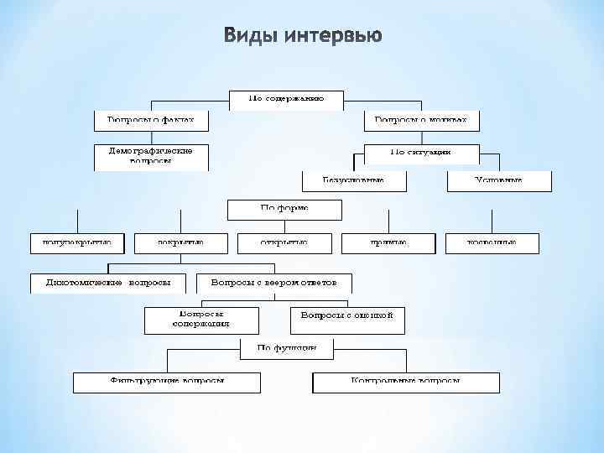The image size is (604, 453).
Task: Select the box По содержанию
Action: [x=286, y=98]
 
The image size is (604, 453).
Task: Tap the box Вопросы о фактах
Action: [x=150, y=120]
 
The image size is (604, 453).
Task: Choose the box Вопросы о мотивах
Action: [x=421, y=120]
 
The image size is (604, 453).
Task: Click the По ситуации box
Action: [x=421, y=153]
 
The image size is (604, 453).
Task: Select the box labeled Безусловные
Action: [x=353, y=180]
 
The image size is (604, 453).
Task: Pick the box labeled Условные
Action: [x=498, y=180]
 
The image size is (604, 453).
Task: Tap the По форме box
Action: [x=284, y=208]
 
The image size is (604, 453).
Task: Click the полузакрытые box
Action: [x=76, y=242]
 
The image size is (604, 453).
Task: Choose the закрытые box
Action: [x=180, y=242]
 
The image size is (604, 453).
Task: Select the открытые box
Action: [x=284, y=242]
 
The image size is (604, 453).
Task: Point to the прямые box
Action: [x=388, y=242]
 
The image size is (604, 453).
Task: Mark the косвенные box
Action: [x=492, y=242]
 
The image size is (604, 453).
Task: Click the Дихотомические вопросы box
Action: [x=108, y=283]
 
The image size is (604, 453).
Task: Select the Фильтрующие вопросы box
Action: [x=166, y=382]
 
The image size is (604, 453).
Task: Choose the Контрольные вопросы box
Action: [x=406, y=382]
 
